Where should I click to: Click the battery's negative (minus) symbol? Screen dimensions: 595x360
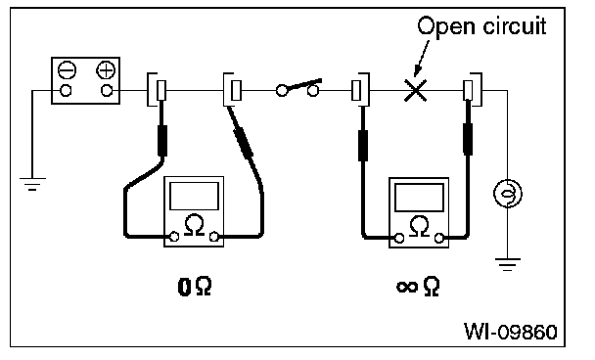67,70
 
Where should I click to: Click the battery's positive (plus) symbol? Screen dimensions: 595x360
106,70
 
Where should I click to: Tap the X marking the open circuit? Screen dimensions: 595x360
416,90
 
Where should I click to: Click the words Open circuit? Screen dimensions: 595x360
481,26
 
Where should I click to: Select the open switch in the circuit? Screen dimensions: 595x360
297,88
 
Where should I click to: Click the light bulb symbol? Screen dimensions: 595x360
507,194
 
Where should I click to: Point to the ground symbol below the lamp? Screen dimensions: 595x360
507,264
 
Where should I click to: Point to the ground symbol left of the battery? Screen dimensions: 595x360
32,184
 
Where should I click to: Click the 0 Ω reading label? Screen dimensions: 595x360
195,287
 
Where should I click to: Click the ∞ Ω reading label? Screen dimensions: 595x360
418,287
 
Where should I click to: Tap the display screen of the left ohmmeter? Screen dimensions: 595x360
195,196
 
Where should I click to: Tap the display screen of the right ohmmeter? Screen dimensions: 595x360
419,198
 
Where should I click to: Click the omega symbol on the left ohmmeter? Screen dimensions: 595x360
194,225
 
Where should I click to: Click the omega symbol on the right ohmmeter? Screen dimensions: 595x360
419,227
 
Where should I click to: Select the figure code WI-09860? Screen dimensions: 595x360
511,332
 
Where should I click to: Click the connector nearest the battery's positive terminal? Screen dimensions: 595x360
158,90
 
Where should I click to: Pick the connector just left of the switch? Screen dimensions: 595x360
233,90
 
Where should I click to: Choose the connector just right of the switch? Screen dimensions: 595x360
360,90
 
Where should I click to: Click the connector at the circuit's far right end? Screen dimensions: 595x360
473,90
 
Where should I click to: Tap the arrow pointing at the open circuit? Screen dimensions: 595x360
422,59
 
